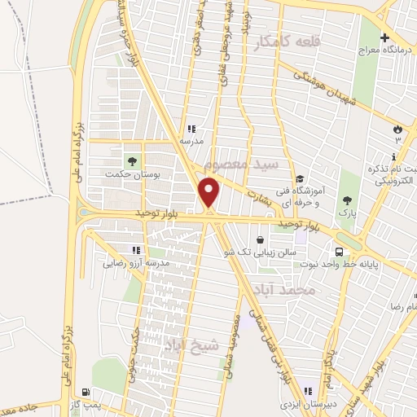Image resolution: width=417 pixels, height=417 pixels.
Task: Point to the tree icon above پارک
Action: click(x=348, y=200)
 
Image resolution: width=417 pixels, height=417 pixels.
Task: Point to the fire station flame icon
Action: click(x=397, y=129)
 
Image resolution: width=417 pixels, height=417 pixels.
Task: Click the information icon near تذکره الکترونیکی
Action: click(x=394, y=156)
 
